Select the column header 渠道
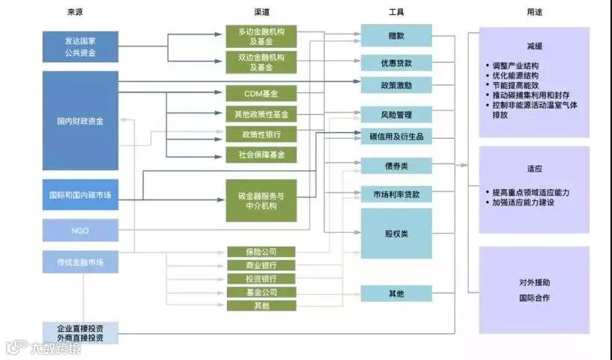point(261,13)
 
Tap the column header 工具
point(397,13)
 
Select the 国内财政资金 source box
point(81,120)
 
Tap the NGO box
point(81,231)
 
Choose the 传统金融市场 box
point(81,262)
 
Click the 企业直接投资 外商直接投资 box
point(81,332)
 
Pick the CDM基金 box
point(261,93)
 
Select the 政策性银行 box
point(261,134)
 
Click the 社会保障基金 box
point(261,155)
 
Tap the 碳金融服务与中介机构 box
point(261,200)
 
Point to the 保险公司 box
point(261,252)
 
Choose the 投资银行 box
point(261,279)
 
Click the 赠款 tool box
point(396,35)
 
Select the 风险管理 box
point(396,115)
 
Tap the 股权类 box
point(396,234)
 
